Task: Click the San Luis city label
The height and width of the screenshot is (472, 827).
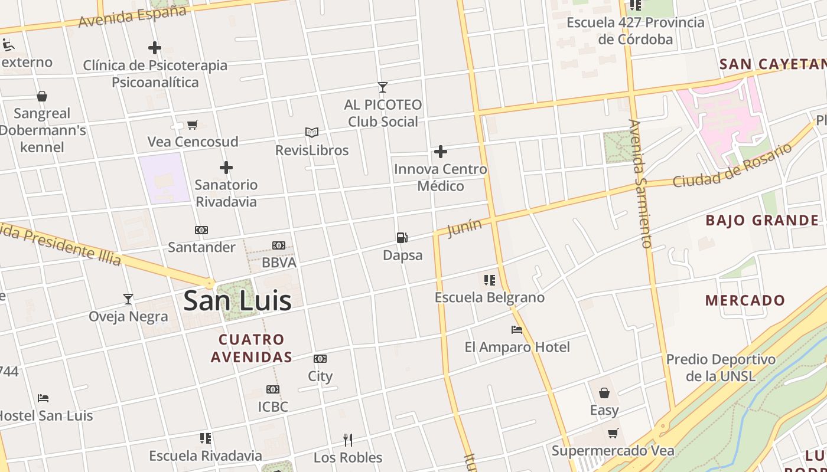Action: [x=237, y=301]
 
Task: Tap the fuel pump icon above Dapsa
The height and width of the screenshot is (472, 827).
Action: [x=402, y=238]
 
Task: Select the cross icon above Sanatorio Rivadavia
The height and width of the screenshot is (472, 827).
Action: [x=226, y=168]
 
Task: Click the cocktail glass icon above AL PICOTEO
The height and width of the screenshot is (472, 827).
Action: [x=383, y=87]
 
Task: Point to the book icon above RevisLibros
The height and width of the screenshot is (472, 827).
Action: [x=312, y=132]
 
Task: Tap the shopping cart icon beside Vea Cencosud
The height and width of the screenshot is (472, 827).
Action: [x=192, y=124]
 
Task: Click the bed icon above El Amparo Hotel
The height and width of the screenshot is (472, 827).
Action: [x=517, y=330]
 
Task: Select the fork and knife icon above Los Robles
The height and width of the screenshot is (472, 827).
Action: [x=348, y=440]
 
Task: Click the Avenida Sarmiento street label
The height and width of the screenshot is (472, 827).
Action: [x=640, y=183]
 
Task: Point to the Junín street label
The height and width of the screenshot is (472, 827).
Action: [x=464, y=227]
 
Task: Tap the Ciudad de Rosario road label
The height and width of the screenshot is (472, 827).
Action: [x=732, y=165]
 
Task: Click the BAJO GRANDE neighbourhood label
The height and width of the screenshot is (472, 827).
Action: [x=762, y=221]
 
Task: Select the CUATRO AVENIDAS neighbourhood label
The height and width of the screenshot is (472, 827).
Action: [x=252, y=348]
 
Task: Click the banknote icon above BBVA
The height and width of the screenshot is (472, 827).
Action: [x=279, y=245]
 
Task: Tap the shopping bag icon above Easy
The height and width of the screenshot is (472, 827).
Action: [x=604, y=393]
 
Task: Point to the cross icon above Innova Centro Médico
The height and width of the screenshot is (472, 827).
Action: [x=441, y=152]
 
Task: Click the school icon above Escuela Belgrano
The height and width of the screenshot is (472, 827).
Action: [x=489, y=280]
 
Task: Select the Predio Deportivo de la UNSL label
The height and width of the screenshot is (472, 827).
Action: [x=721, y=367]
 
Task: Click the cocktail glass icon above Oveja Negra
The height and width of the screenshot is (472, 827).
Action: [x=128, y=299]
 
